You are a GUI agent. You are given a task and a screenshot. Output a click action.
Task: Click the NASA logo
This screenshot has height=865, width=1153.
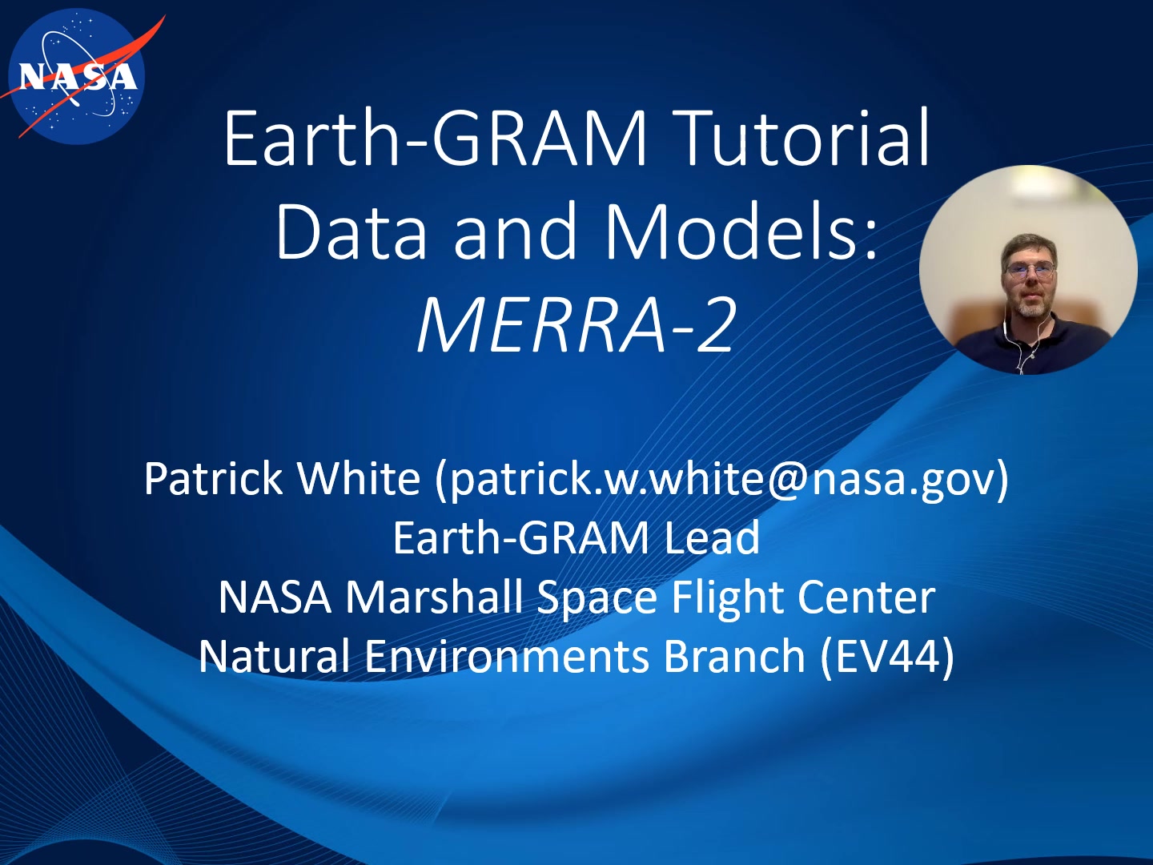coord(76,77)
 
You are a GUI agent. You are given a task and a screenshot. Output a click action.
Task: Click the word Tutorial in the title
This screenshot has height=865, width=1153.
coord(805,140)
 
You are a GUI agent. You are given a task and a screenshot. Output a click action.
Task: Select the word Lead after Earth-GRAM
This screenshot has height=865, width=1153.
coord(713,537)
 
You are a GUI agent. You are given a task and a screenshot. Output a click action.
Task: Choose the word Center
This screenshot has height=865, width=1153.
coord(866,597)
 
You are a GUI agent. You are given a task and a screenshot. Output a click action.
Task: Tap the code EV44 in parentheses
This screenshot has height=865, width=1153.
coord(887,656)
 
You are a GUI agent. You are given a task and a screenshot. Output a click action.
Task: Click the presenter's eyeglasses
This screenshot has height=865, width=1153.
coord(1029,270)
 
